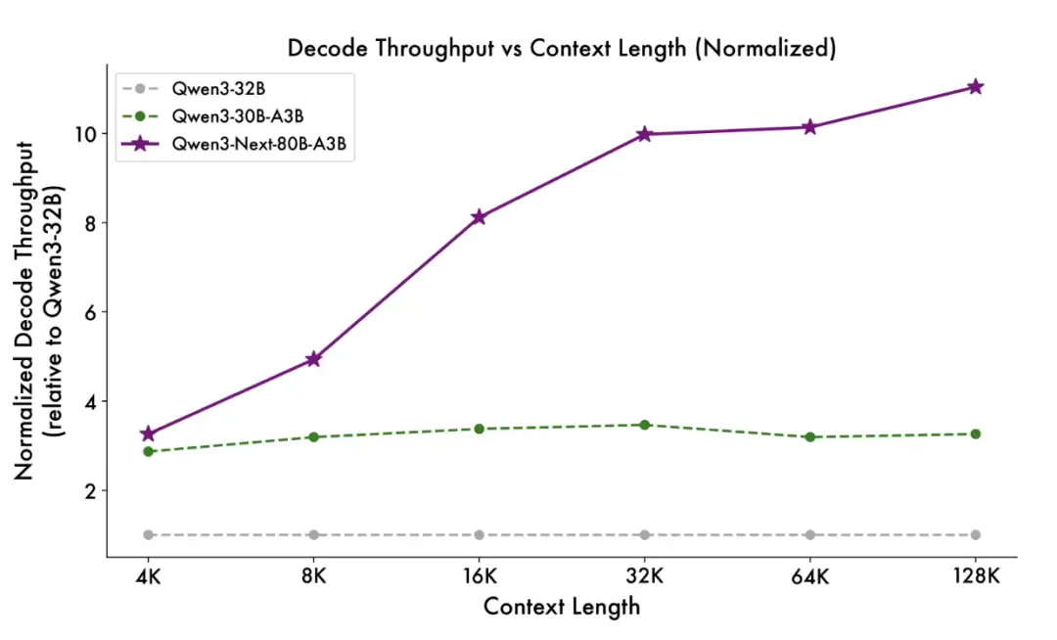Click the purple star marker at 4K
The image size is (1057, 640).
pos(148,434)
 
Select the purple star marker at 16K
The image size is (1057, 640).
pos(479,217)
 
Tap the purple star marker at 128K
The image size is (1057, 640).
pos(975,87)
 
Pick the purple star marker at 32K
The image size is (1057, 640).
pos(644,134)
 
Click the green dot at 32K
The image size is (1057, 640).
pos(644,425)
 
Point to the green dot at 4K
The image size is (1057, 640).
pos(148,451)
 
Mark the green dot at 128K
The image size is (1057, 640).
pos(975,434)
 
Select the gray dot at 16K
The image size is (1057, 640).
pos(479,534)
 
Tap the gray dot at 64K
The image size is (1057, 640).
pos(809,534)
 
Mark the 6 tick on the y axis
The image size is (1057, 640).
pos(90,312)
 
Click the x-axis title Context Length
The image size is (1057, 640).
pos(562,607)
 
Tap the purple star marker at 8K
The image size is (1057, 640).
pos(313,359)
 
